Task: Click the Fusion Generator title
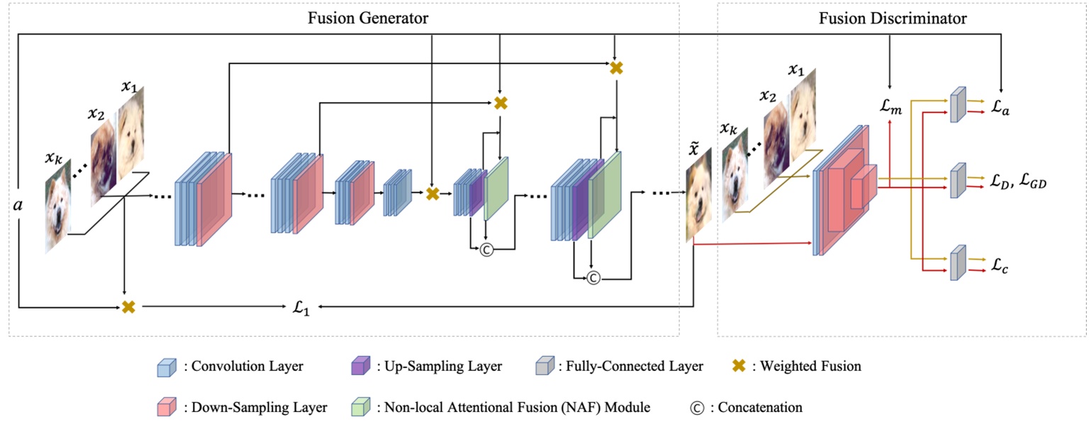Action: pyautogui.click(x=367, y=18)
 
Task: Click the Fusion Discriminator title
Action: pyautogui.click(x=893, y=18)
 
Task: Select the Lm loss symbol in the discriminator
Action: pyautogui.click(x=890, y=108)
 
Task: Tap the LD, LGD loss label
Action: pyautogui.click(x=1017, y=182)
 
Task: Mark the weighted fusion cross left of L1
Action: pyautogui.click(x=128, y=306)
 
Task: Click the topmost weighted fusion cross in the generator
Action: pyautogui.click(x=616, y=68)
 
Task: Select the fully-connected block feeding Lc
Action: pyautogui.click(x=958, y=262)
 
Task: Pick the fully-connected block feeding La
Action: pyautogui.click(x=958, y=104)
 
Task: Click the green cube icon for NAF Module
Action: pyautogui.click(x=361, y=407)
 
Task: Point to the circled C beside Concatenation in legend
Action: pyautogui.click(x=697, y=408)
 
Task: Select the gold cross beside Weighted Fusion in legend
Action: pyautogui.click(x=737, y=367)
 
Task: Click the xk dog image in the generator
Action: pyautogui.click(x=59, y=213)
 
